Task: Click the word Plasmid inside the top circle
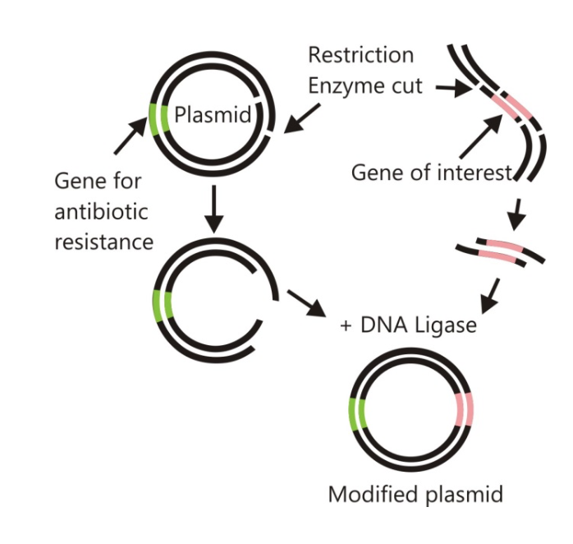(213, 115)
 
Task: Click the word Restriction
(361, 56)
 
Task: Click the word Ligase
(447, 325)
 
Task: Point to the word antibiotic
(101, 211)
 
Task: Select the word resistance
(104, 242)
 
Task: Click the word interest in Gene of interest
(474, 173)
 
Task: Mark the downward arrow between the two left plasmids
(213, 210)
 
